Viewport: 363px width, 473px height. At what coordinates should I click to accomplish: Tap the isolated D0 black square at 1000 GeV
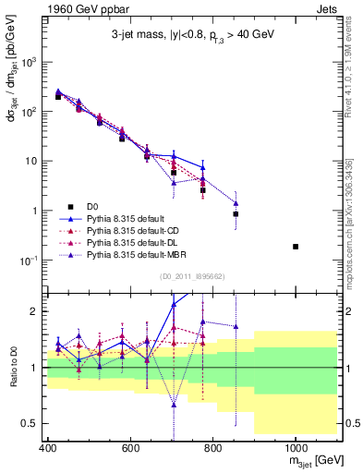(x=296, y=247)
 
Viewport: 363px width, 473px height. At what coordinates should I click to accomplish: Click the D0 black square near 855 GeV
(x=236, y=214)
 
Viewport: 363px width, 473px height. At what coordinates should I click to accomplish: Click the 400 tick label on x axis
(x=47, y=449)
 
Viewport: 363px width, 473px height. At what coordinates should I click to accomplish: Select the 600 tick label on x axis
(x=130, y=449)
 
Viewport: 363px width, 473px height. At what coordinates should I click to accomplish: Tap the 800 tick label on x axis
(x=212, y=449)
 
